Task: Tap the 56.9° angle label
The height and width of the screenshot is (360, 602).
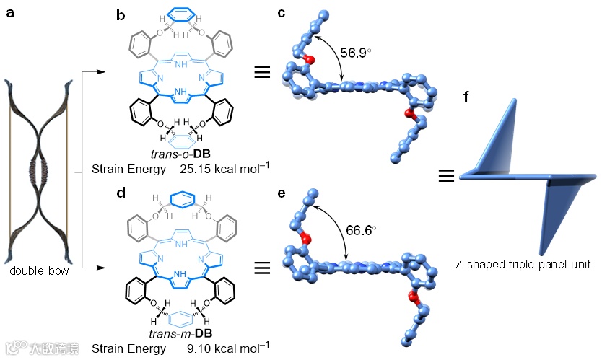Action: click(359, 52)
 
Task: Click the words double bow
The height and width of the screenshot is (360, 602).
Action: click(38, 271)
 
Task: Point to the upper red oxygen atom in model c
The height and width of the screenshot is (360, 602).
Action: click(309, 58)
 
